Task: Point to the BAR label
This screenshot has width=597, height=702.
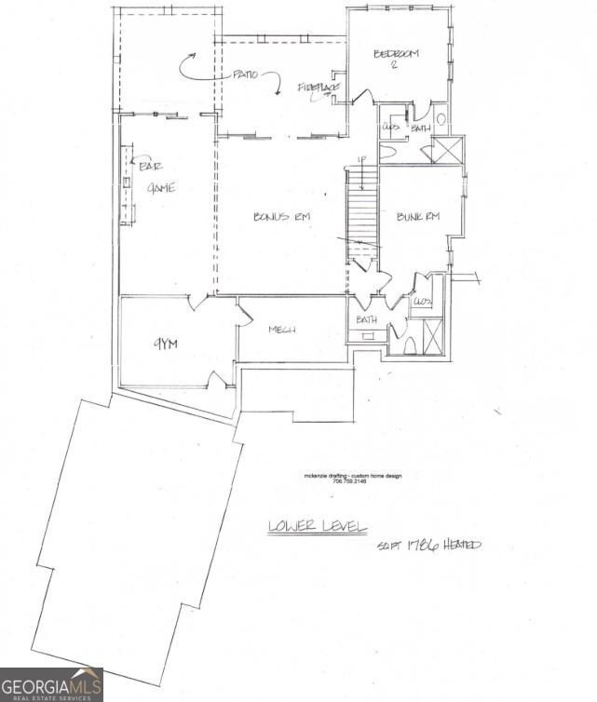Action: coord(149,166)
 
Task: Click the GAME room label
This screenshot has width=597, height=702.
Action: coord(161,188)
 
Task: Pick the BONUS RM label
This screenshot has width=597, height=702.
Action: coord(281,217)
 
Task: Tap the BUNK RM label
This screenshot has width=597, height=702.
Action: coord(417,217)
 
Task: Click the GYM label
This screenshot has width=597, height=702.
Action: coord(165,344)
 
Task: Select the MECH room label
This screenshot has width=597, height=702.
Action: coord(282,330)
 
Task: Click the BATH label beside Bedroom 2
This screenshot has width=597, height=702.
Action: coord(421,128)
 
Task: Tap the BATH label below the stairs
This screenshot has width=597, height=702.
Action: coord(366,319)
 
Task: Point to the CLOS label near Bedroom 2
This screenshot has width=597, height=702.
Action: coord(391,127)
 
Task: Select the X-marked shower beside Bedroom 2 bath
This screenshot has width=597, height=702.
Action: coord(448,150)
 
